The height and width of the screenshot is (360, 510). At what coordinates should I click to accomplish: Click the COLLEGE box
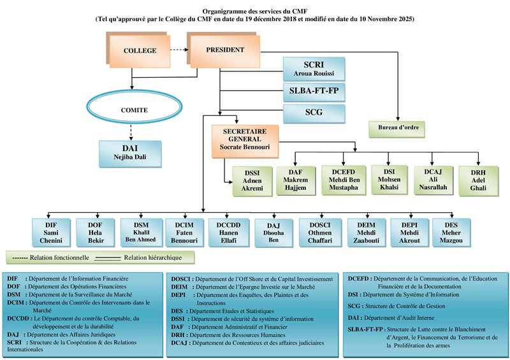139,50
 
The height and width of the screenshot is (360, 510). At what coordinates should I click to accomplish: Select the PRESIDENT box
225,49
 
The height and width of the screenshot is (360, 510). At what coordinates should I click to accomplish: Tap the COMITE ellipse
134,110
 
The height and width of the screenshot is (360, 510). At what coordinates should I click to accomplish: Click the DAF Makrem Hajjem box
295,180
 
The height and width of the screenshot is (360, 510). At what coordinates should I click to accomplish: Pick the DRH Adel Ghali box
477,180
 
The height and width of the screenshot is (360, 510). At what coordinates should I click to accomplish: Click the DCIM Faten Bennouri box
184,233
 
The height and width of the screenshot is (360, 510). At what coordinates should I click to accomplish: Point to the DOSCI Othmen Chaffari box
319,232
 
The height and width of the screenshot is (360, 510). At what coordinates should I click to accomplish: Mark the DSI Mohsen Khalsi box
388,180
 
